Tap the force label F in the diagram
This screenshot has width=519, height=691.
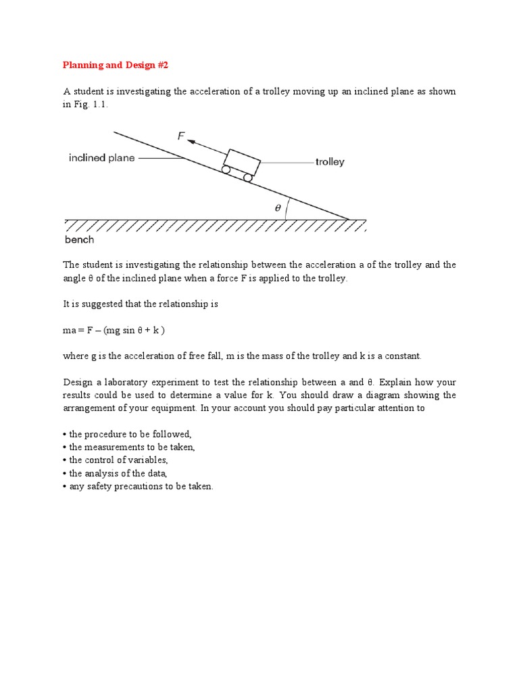coord(181,136)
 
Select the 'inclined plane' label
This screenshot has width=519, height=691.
coord(101,158)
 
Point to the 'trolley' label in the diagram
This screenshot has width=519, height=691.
coord(330,162)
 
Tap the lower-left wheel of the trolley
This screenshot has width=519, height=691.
coord(226,170)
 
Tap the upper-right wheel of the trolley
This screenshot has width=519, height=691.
coord(248,177)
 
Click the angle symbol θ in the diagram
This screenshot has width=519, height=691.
coord(277,209)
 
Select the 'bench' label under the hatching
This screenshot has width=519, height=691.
coord(79,240)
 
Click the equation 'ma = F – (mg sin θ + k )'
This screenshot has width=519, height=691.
coord(114,330)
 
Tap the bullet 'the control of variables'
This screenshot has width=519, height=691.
coord(118,460)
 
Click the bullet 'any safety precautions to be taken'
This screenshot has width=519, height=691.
coord(141,487)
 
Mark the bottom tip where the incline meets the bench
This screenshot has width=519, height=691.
coord(349,219)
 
